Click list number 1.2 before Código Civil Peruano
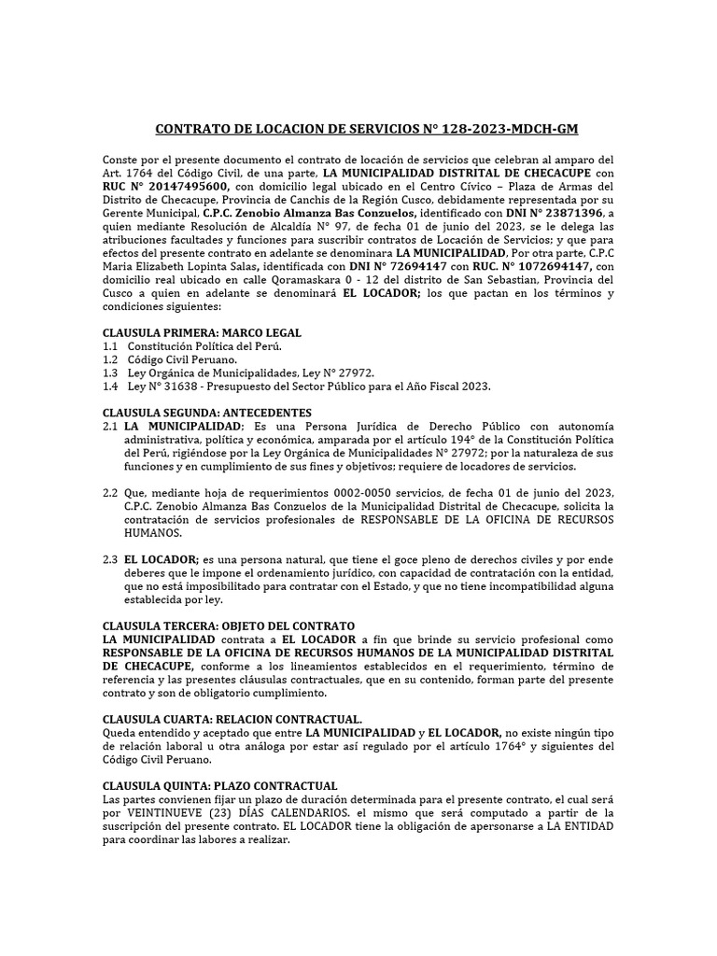click(110, 359)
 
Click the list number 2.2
click(110, 492)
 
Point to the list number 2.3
click(110, 558)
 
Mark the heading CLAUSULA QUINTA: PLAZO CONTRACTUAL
click(220, 785)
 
